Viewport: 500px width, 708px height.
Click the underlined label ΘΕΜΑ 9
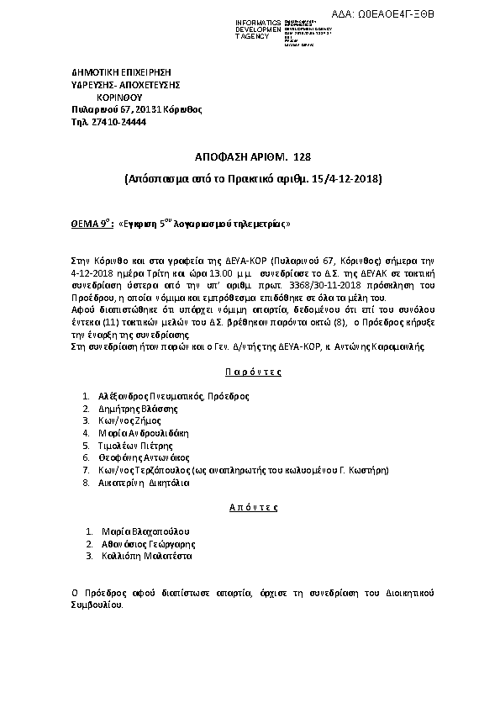coord(92,225)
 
